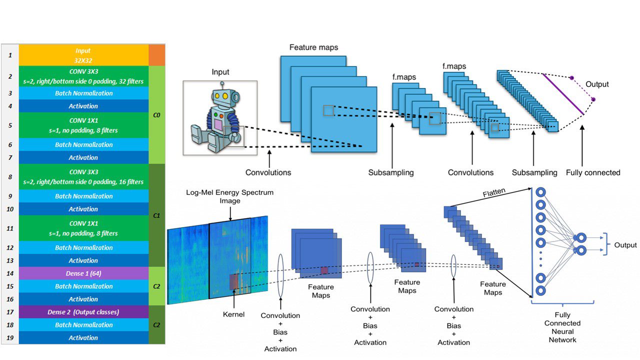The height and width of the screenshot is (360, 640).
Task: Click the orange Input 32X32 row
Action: pos(83,54)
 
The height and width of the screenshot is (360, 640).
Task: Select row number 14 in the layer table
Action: pos(10,273)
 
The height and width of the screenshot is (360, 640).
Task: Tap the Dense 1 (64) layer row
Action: pos(83,273)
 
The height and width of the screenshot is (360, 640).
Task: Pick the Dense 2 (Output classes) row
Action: pos(83,312)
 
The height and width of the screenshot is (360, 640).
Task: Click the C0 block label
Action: pos(156,115)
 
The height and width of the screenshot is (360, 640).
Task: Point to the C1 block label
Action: pos(156,215)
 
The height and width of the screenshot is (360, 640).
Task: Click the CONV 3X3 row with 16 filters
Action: pos(83,177)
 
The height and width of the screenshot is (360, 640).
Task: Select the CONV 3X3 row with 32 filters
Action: pos(83,76)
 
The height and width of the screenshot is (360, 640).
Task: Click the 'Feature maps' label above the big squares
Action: pos(313,47)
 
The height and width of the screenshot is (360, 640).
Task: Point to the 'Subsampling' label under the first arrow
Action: pos(391,172)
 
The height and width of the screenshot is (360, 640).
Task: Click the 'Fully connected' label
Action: pos(593,172)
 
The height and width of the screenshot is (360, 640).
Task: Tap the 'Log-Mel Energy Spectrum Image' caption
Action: pos(229,196)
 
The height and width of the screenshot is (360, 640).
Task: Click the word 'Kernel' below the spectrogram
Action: pos(233,314)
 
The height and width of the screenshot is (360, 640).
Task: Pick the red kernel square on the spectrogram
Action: pos(234,281)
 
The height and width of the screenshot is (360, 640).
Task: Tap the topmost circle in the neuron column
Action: pos(540,192)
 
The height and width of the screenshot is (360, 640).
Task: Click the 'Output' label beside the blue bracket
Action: pos(625,245)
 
